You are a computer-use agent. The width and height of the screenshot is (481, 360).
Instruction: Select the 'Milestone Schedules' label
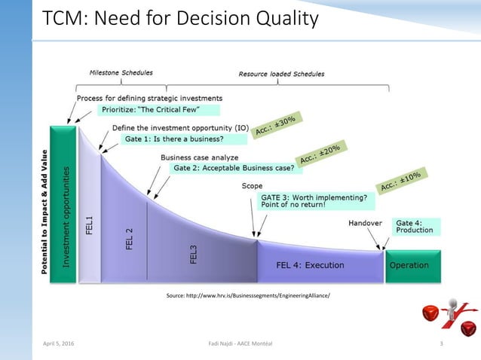point(121,73)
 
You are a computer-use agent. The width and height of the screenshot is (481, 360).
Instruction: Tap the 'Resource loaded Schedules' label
point(280,74)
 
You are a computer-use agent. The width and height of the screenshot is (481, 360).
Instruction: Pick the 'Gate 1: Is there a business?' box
point(185,139)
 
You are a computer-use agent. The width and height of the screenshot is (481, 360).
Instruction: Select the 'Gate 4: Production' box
point(415,226)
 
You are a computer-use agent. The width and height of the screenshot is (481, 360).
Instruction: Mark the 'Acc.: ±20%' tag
point(320,154)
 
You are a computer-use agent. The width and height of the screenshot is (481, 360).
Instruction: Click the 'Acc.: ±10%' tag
point(400,180)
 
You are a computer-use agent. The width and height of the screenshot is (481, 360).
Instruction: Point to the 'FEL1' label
point(89,224)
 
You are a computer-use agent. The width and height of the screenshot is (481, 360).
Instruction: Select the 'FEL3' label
point(194,255)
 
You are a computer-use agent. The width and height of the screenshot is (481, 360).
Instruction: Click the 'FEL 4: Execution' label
point(310,265)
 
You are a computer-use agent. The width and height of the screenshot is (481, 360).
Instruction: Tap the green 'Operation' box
point(409,265)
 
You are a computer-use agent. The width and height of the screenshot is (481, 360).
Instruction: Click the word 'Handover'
point(366,223)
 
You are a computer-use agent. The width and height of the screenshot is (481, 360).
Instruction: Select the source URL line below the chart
point(248,297)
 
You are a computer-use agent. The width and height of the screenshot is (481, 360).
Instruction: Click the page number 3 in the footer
point(440,343)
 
